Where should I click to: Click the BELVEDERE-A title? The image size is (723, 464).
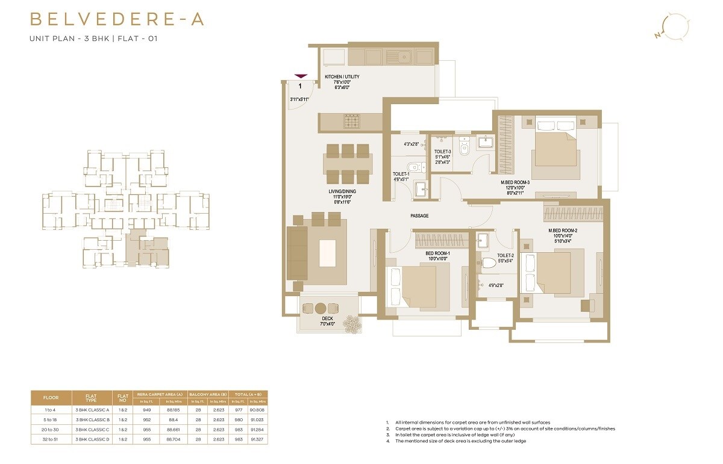(117, 19)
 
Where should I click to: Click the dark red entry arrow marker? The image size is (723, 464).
(300, 76)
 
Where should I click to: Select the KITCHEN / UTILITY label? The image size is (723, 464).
(342, 77)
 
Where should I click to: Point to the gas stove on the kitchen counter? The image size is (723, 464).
(352, 121)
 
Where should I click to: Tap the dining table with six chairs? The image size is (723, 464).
(347, 164)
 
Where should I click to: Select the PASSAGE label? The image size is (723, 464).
(419, 215)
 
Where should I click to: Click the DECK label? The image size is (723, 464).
(327, 318)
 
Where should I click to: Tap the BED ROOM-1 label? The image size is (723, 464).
(438, 253)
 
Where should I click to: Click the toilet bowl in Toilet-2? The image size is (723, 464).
(489, 263)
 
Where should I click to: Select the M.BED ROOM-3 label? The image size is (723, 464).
(515, 182)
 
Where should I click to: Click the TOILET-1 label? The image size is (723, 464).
(401, 174)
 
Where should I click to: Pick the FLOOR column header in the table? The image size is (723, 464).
(51, 398)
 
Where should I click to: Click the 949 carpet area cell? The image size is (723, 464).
(146, 409)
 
